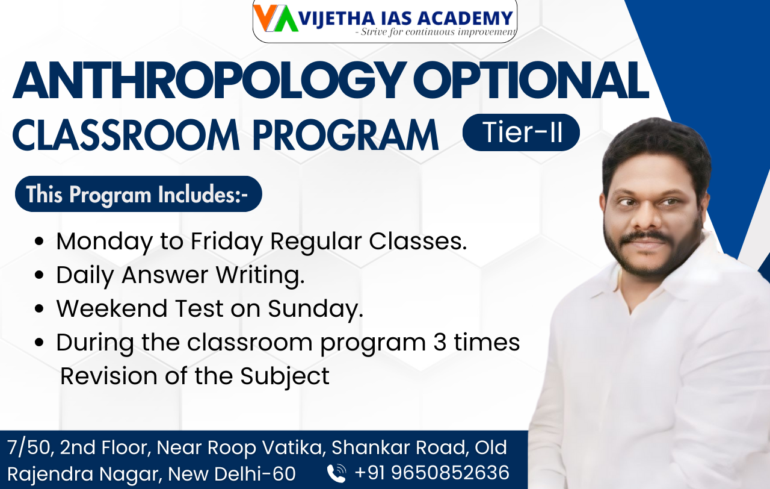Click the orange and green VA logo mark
(276, 18)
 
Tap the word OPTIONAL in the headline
(531, 81)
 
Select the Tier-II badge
(521, 132)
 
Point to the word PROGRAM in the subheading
(345, 135)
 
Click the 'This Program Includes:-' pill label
(138, 194)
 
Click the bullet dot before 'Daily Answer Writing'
(40, 275)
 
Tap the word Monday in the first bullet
(105, 241)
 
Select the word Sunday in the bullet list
(315, 309)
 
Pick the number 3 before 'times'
(440, 343)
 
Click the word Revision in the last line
(109, 376)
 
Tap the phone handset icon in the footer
(336, 473)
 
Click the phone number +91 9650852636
(432, 473)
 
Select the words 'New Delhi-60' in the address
(232, 473)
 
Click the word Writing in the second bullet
(260, 276)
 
